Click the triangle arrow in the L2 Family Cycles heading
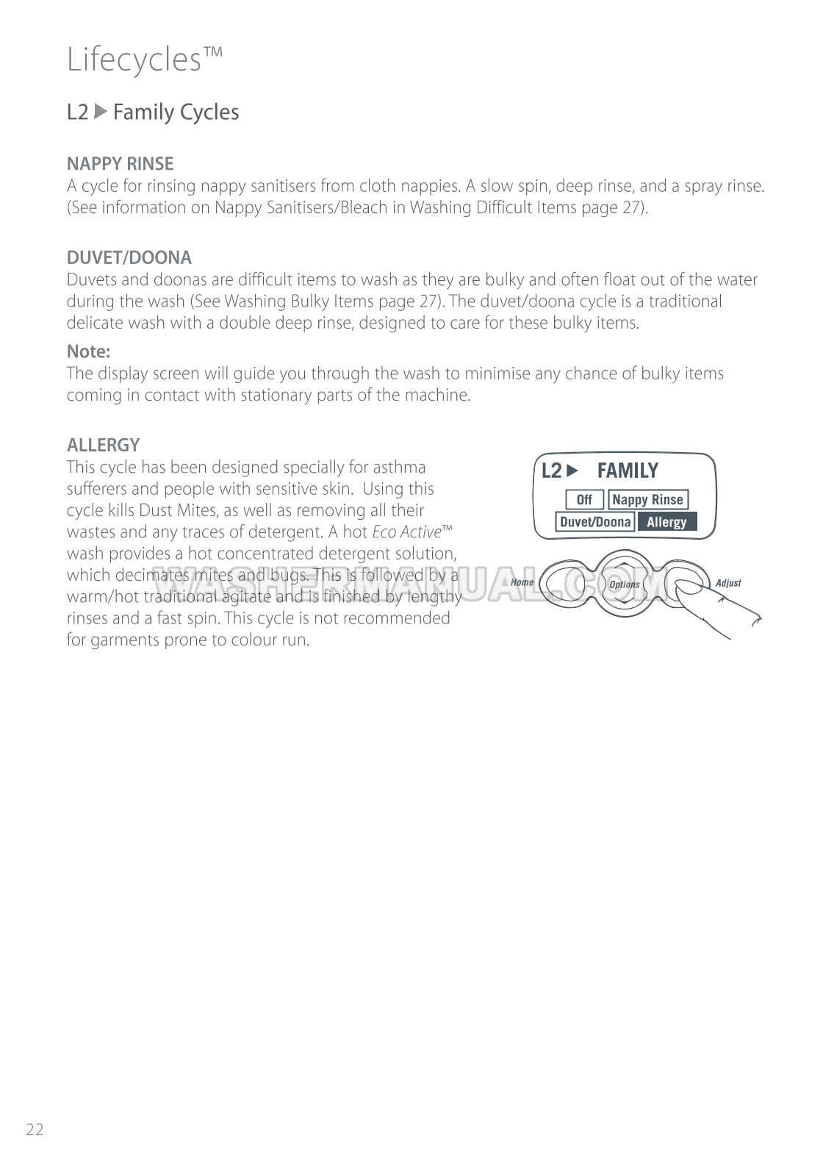click(101, 112)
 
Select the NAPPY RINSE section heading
click(120, 163)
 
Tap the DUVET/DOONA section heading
click(129, 257)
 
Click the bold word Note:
click(88, 351)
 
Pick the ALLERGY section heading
click(103, 445)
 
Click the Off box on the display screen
click(584, 500)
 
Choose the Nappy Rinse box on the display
click(647, 500)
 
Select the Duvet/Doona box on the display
click(595, 522)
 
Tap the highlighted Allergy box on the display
click(666, 522)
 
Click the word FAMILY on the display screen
click(628, 471)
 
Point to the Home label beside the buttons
click(522, 582)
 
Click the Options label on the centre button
click(625, 584)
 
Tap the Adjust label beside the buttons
click(728, 583)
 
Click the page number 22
click(35, 1130)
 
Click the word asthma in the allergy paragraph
click(399, 468)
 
